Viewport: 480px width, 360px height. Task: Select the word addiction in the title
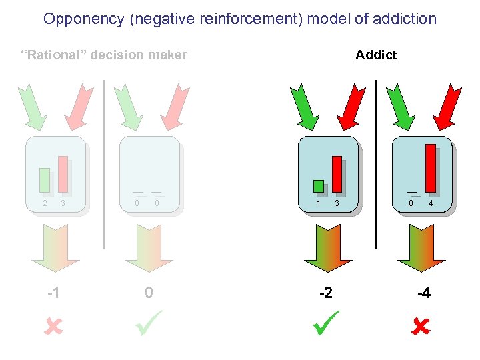405,19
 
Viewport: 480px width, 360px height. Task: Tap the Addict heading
375,55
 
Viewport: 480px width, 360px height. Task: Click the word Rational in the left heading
54,55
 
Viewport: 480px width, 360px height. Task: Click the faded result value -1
54,293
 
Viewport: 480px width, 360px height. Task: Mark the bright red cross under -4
421,327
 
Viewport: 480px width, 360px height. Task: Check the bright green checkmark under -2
327,323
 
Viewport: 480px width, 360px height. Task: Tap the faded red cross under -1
54,327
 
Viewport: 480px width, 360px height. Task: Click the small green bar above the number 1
319,186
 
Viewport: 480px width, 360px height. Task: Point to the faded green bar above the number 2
45,180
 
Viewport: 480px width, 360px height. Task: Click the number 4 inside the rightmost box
431,203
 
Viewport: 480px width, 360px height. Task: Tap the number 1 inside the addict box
319,203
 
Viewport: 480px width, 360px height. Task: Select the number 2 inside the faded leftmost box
45,203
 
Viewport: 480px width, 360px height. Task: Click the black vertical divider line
376,163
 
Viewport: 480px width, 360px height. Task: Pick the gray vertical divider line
104,163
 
